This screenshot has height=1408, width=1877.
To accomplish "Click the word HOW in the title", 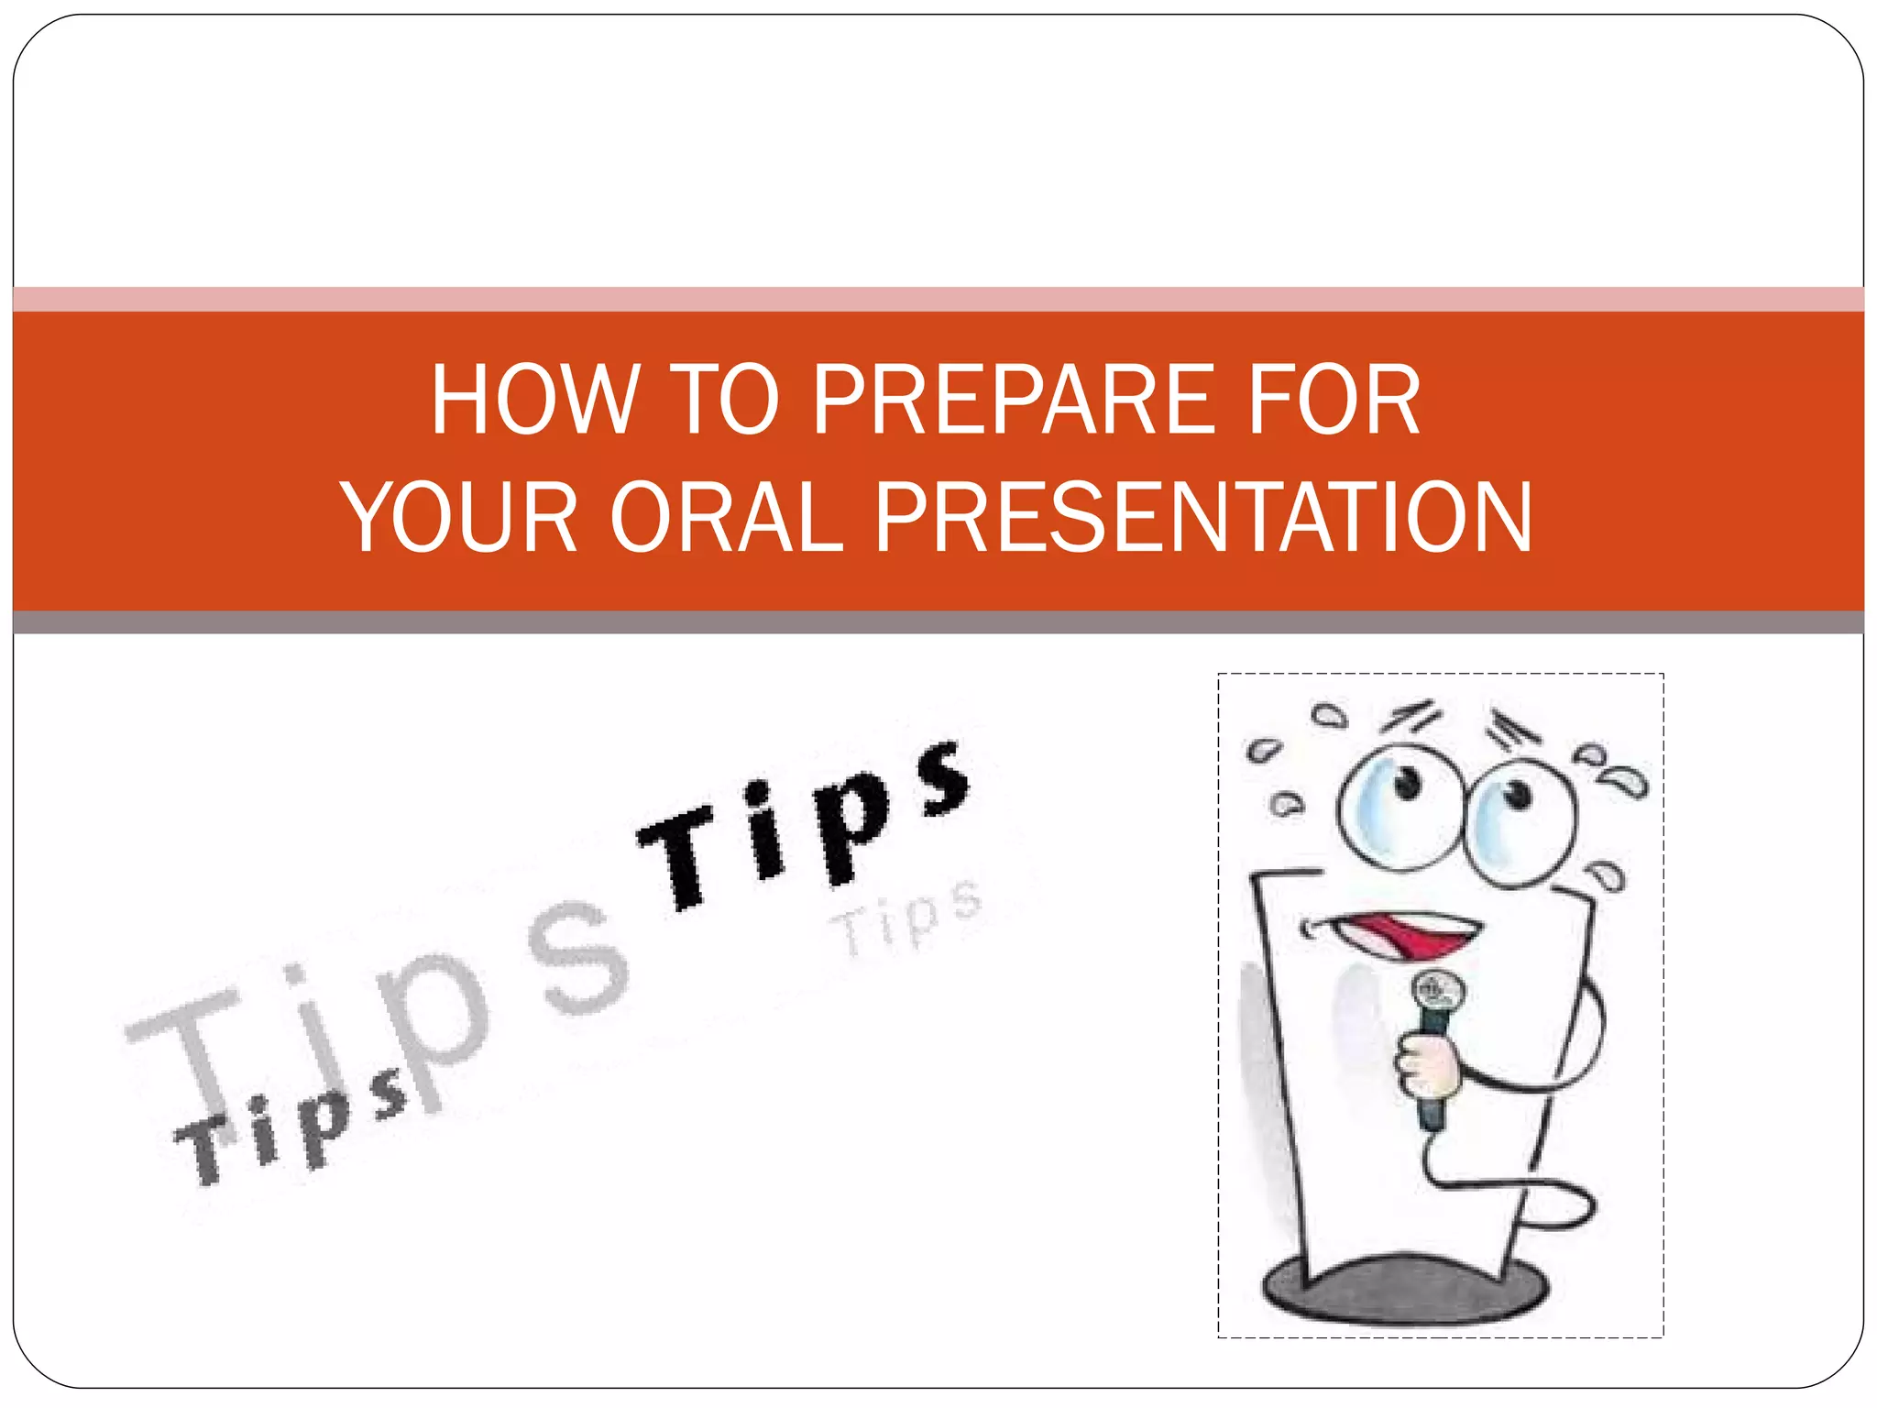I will (x=533, y=401).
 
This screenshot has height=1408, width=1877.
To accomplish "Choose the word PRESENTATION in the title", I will (x=1203, y=518).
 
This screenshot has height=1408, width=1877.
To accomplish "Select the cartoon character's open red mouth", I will (x=1407, y=935).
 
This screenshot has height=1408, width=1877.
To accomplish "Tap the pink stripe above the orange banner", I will (x=938, y=299).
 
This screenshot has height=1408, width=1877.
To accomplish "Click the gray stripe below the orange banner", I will (x=938, y=622).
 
